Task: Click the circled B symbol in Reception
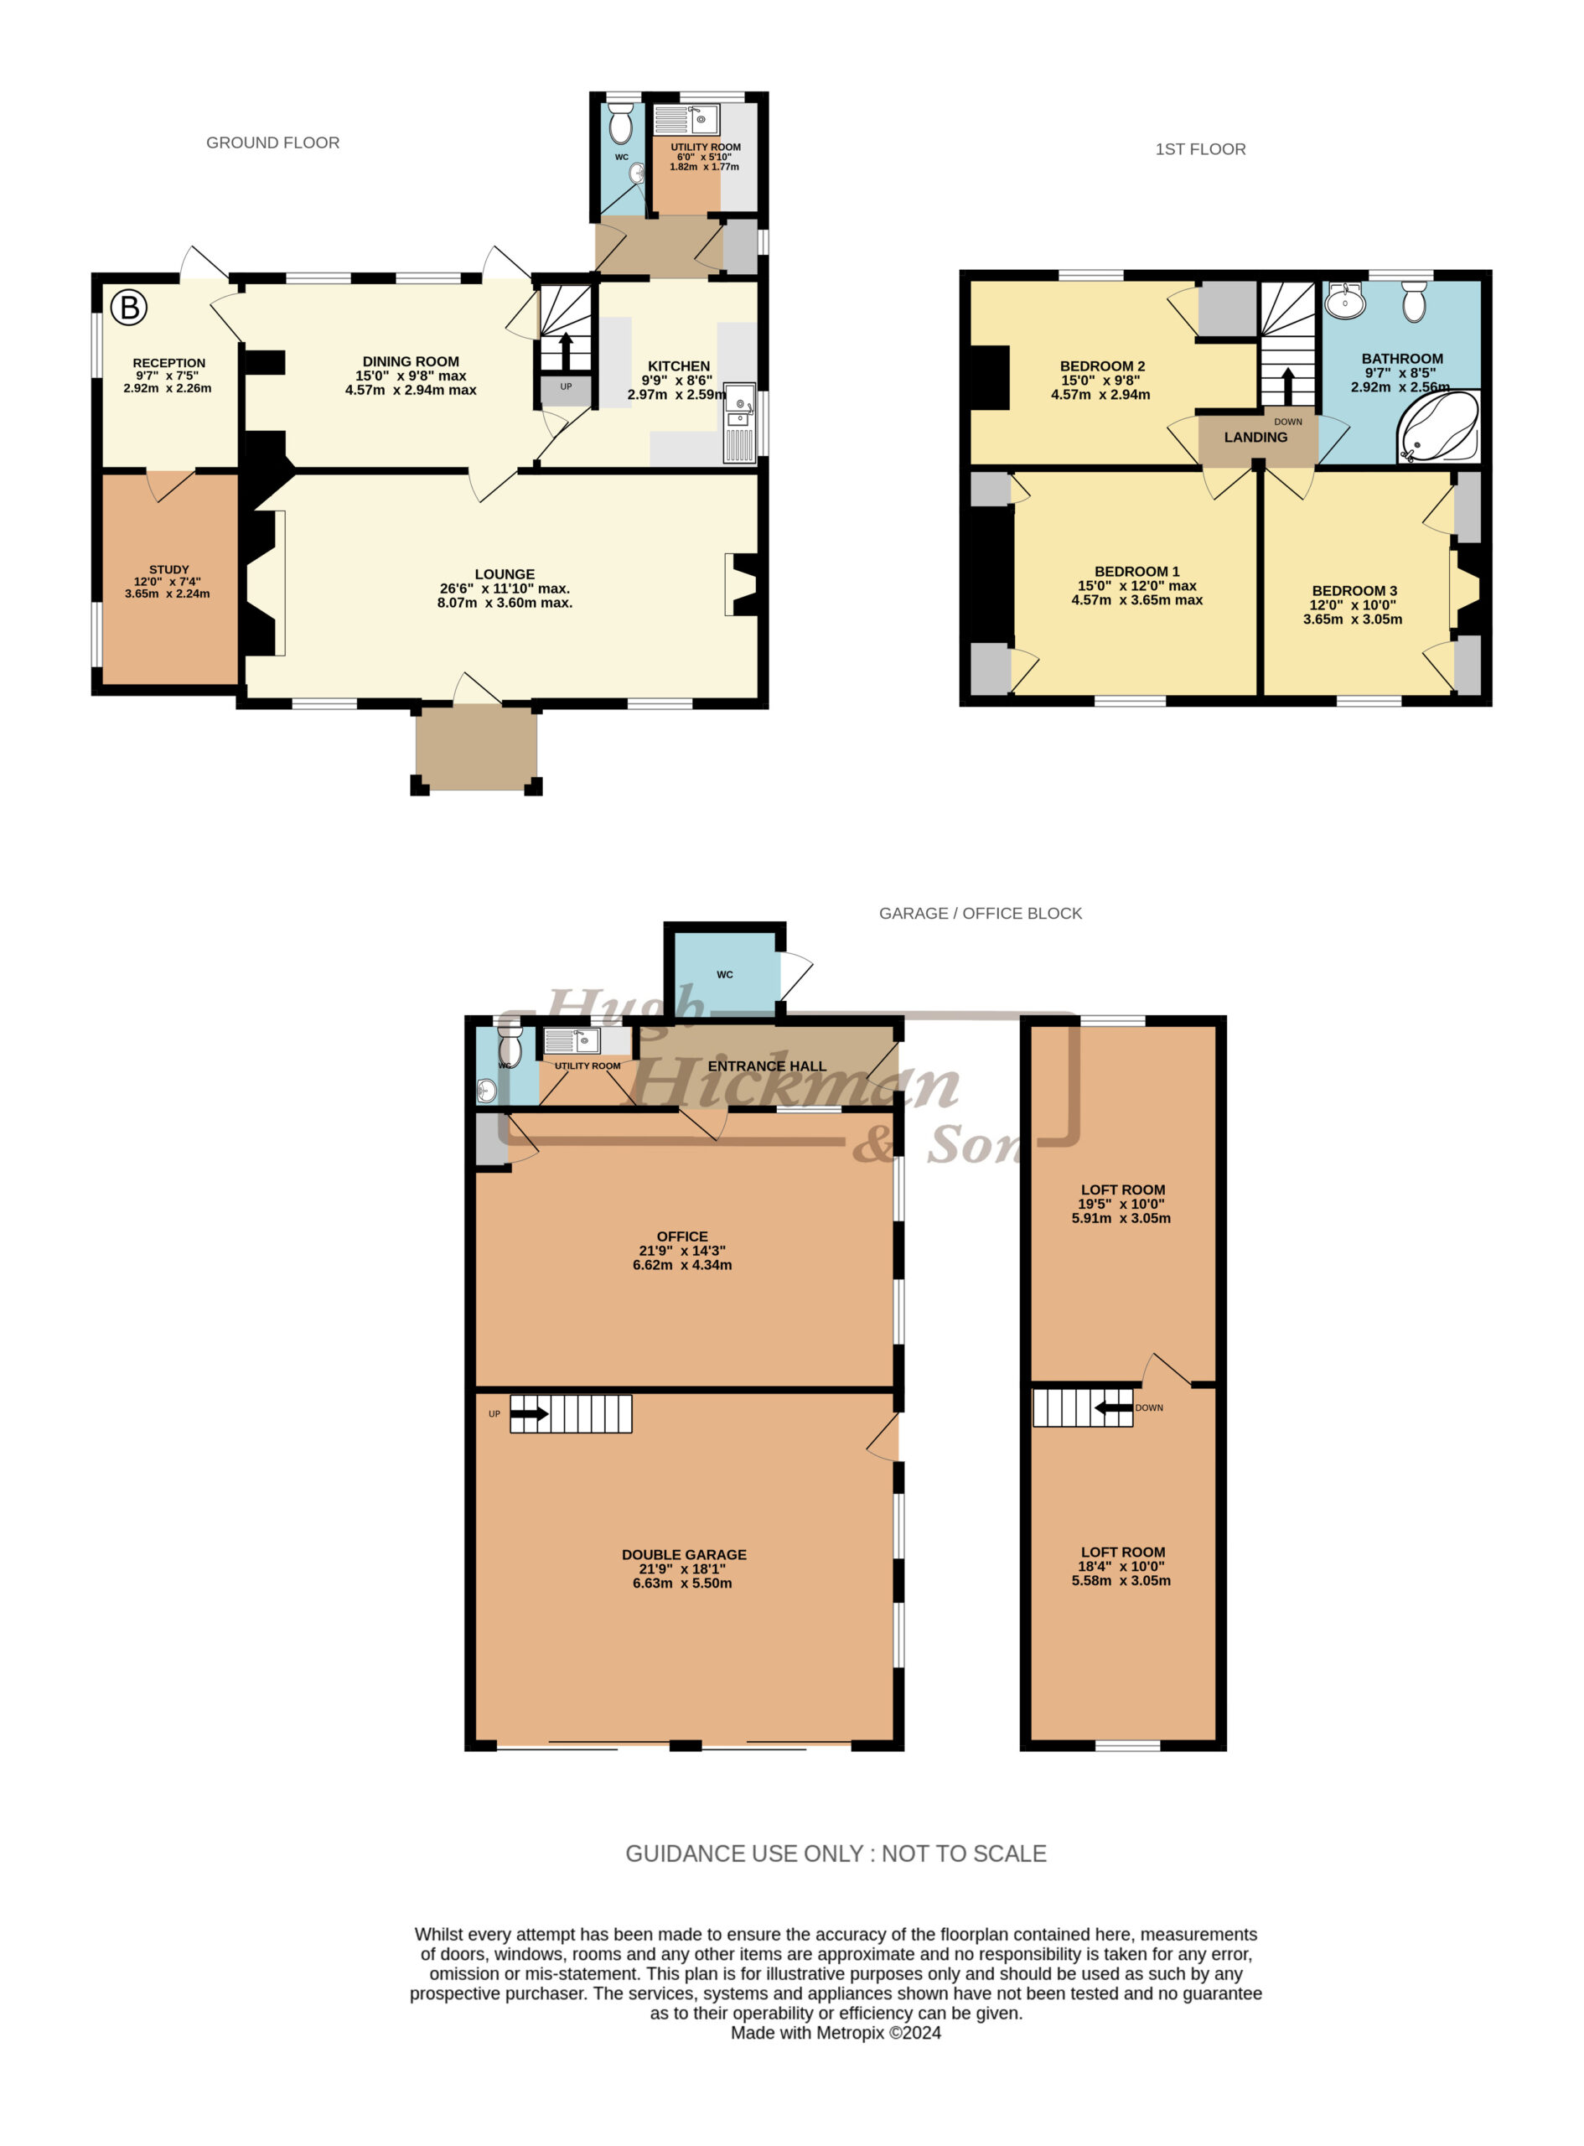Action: [128, 308]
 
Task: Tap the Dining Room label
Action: [411, 361]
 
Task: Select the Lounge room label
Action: [505, 574]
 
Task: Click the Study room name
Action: [168, 569]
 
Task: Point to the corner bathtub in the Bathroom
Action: [1438, 427]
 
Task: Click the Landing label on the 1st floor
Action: [1255, 438]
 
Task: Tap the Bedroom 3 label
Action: [1354, 591]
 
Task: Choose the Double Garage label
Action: [684, 1554]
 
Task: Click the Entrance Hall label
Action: [766, 1066]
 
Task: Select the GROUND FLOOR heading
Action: [272, 143]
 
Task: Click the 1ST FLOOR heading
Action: [1199, 149]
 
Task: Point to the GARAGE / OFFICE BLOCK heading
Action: [980, 914]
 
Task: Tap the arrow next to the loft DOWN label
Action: [1113, 1407]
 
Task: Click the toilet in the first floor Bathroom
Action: [1415, 301]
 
